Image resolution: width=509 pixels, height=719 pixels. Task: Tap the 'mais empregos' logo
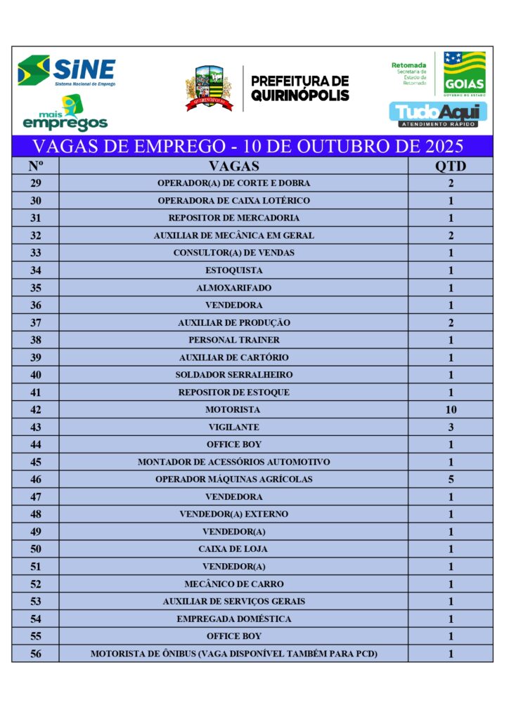[65, 114]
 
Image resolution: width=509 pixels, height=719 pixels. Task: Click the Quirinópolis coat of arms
[208, 88]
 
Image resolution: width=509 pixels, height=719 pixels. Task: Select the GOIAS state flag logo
[464, 73]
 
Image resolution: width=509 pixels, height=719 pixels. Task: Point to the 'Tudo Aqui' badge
[438, 114]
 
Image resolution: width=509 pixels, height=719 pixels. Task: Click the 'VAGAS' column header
[233, 166]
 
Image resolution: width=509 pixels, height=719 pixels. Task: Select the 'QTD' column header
[451, 166]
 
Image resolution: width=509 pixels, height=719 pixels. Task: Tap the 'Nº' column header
[36, 166]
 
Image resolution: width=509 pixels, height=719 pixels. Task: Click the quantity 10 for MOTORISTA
[451, 410]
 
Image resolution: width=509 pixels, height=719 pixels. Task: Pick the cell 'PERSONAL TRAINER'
[233, 340]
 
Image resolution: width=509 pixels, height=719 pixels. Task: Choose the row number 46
[36, 480]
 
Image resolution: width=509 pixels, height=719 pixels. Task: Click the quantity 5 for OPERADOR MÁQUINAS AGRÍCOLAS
[451, 480]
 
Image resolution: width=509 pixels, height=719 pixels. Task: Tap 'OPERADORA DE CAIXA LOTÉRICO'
[233, 201]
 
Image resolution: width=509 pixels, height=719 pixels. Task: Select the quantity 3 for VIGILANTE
[451, 427]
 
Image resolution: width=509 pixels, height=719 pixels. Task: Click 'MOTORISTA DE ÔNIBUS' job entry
[233, 654]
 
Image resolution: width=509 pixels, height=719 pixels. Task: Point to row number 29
[36, 183]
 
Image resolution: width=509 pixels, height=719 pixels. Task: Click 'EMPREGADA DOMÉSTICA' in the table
[233, 619]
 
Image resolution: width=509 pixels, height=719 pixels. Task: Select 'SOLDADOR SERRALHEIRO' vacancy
[233, 375]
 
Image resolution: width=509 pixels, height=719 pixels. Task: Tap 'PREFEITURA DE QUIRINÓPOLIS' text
[299, 88]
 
